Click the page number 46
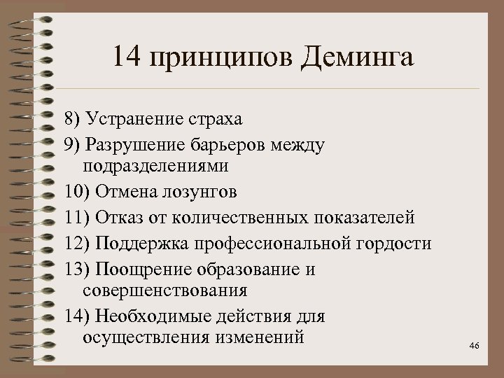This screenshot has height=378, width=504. pyautogui.click(x=474, y=345)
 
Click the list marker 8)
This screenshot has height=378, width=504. pyautogui.click(x=73, y=120)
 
